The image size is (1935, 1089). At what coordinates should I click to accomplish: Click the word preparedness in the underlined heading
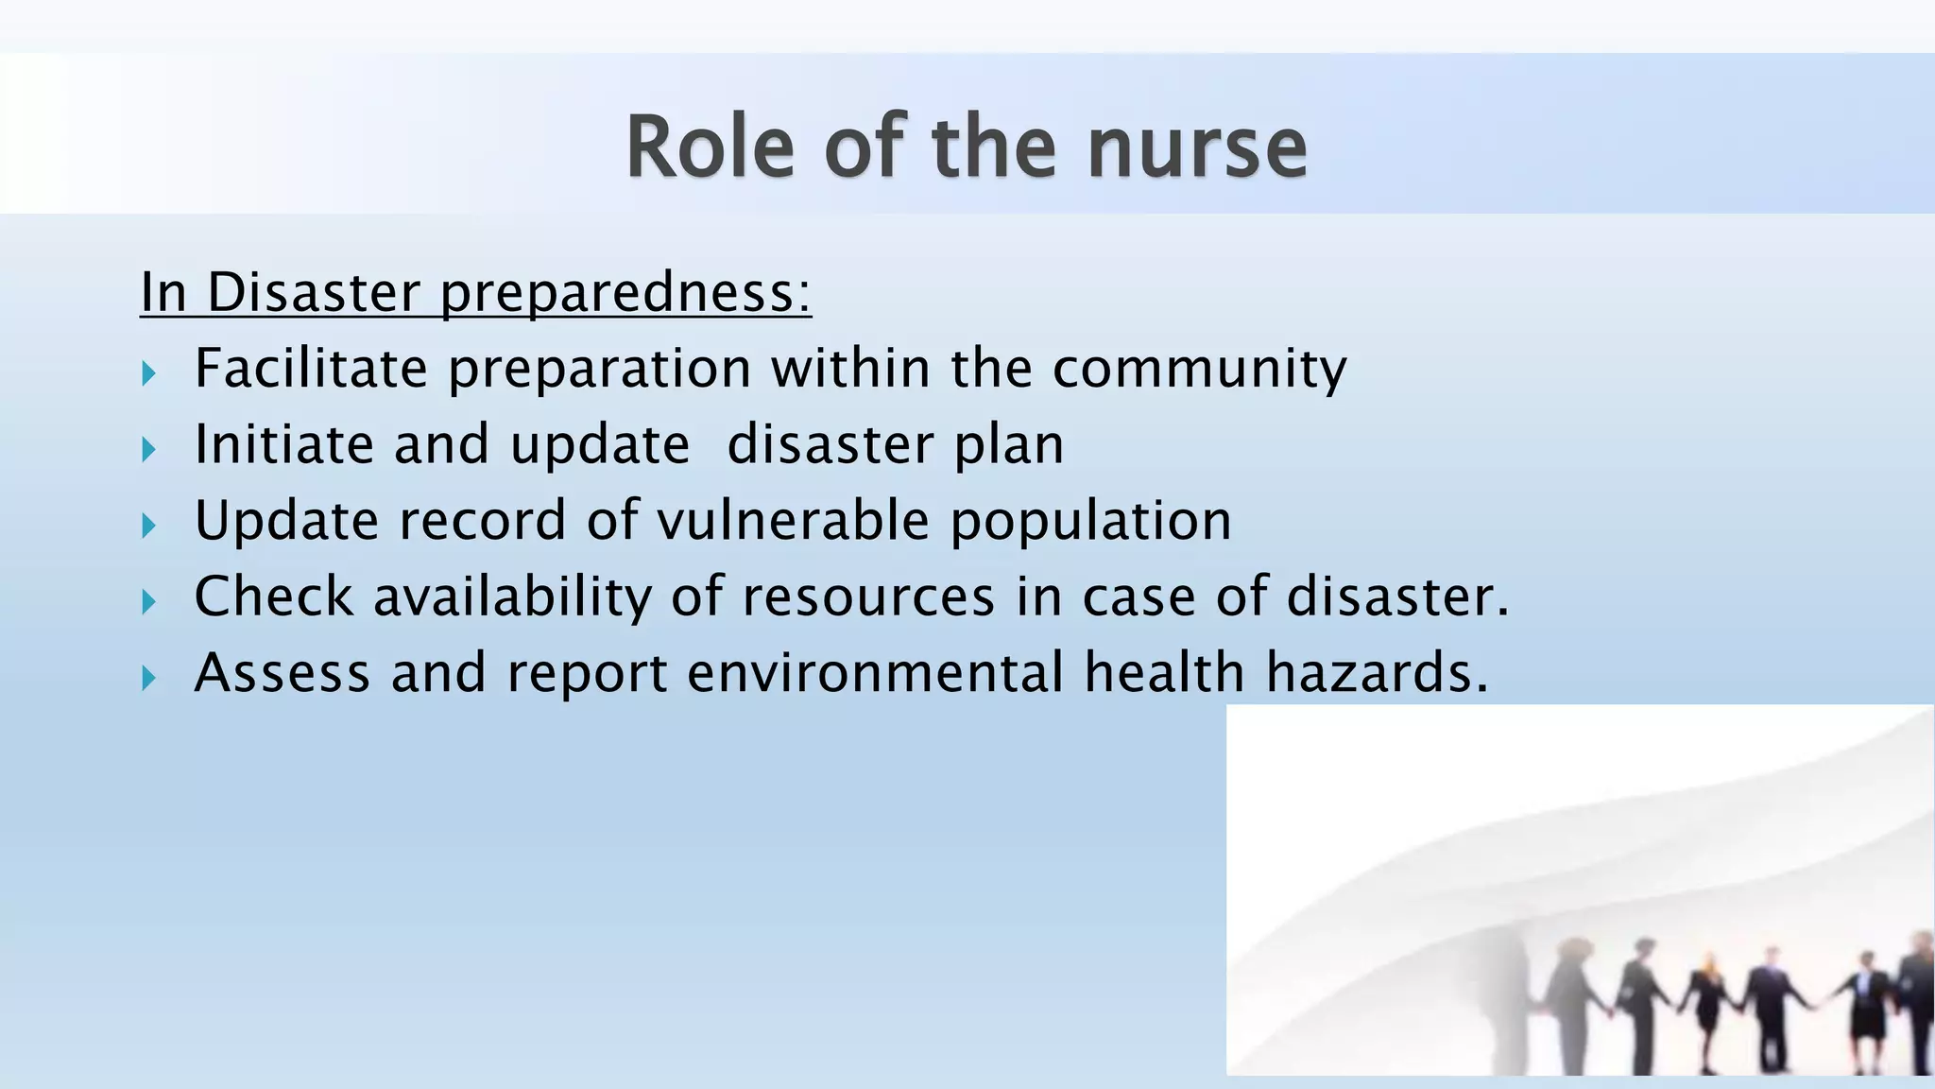coord(625,293)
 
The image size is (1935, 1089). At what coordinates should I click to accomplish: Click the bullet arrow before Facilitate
coord(148,373)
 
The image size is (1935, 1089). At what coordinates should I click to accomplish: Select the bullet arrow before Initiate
coord(148,450)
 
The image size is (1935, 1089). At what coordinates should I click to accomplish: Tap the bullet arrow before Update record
coord(148,526)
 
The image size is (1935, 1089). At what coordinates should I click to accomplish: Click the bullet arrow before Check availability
coord(148,602)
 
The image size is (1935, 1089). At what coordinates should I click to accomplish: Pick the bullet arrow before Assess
coord(148,678)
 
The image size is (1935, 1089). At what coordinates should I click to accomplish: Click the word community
coord(1199,369)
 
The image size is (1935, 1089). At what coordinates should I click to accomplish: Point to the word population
coord(1090,522)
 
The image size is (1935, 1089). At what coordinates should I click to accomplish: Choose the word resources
coord(868,597)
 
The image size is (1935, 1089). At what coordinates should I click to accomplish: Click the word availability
coord(512,597)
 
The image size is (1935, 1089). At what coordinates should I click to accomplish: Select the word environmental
coord(875,673)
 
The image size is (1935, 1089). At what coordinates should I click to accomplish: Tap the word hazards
coord(1376,673)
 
